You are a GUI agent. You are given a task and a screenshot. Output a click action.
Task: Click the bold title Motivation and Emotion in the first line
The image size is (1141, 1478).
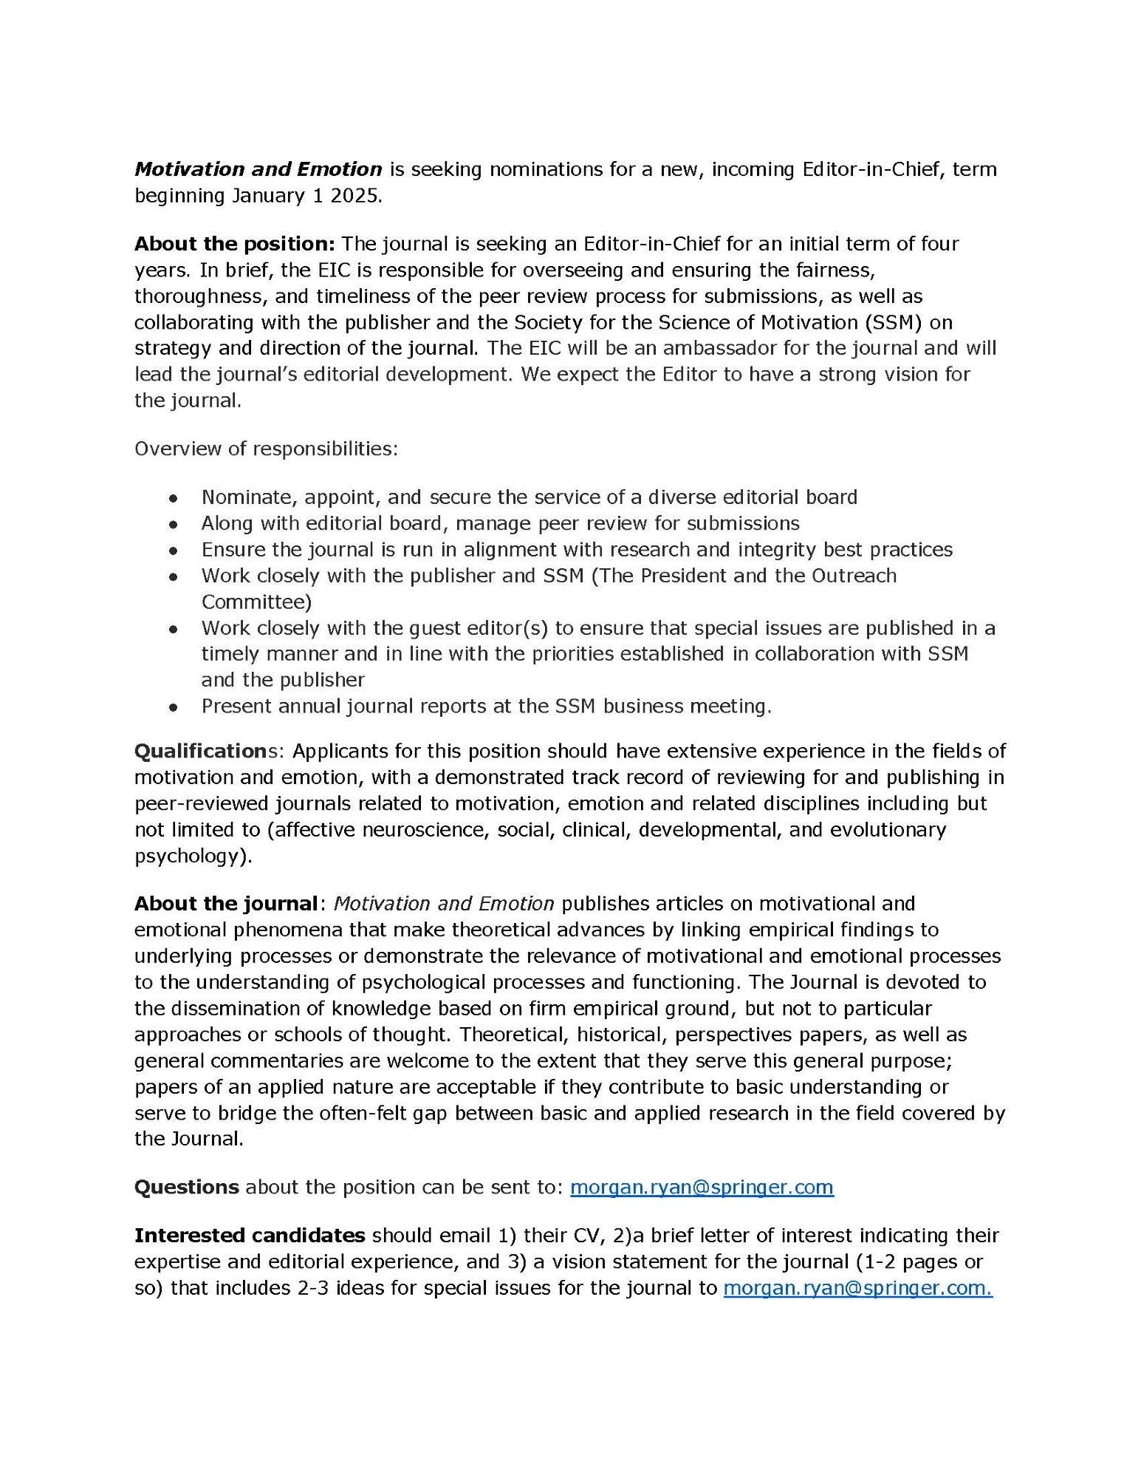258,169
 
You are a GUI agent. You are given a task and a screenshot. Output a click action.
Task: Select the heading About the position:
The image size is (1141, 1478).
235,244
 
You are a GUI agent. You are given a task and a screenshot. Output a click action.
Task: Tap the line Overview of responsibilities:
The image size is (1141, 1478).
266,449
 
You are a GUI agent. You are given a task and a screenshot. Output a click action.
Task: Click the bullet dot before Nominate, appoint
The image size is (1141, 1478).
174,498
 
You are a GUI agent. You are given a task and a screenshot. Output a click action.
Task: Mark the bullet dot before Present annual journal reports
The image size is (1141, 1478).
174,707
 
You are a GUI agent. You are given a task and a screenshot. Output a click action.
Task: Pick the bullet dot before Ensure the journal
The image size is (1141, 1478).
174,551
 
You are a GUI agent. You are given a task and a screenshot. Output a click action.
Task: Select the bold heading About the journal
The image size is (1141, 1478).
225,904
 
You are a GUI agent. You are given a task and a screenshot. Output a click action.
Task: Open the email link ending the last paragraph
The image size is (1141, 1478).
857,1287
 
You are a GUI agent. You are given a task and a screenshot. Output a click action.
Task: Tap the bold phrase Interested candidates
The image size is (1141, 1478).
250,1235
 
